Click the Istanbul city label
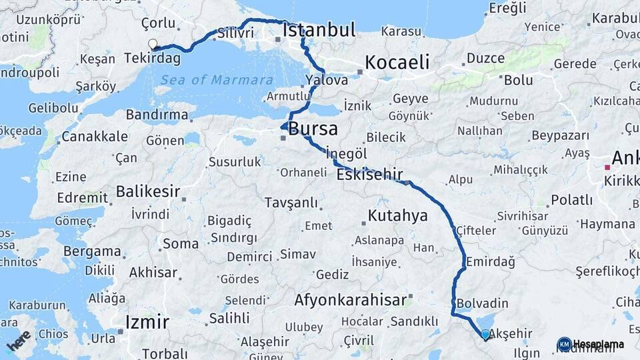click(319, 30)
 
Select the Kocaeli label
click(396, 63)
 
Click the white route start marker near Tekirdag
click(153, 45)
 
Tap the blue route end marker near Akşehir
click(485, 334)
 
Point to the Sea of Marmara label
click(207, 80)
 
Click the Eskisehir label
click(370, 175)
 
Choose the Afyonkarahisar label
click(350, 300)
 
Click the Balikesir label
click(147, 192)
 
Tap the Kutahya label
click(397, 216)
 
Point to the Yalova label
click(327, 80)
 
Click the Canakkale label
click(94, 137)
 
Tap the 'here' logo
click(19, 340)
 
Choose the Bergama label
click(93, 251)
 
